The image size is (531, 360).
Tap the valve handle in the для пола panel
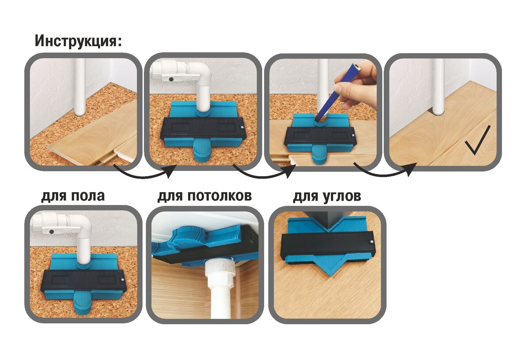tap(61, 230)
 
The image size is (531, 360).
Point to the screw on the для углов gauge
tap(371, 242)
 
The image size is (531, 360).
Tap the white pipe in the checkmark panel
tap(439, 87)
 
